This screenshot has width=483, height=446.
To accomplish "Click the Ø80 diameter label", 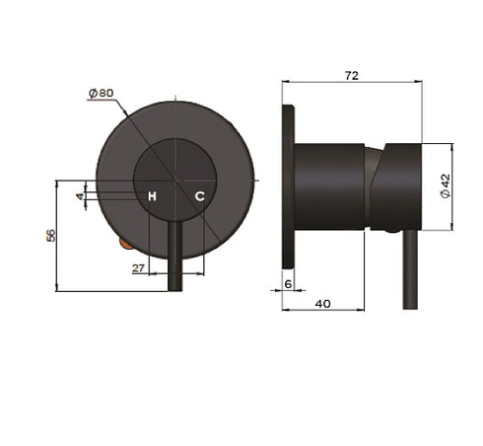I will pyautogui.click(x=102, y=92).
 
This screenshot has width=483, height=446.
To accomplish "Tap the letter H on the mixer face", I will pyautogui.click(x=152, y=196).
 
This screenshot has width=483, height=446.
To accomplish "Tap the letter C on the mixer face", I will pyautogui.click(x=199, y=196).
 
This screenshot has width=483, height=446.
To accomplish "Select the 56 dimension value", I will pyautogui.click(x=51, y=236).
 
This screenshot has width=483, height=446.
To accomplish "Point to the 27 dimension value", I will pyautogui.click(x=138, y=267).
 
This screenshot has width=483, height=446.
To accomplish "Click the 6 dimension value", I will pyautogui.click(x=287, y=284).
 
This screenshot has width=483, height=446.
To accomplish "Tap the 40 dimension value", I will pyautogui.click(x=323, y=303).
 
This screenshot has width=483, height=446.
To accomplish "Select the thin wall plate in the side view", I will pyautogui.click(x=288, y=183).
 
